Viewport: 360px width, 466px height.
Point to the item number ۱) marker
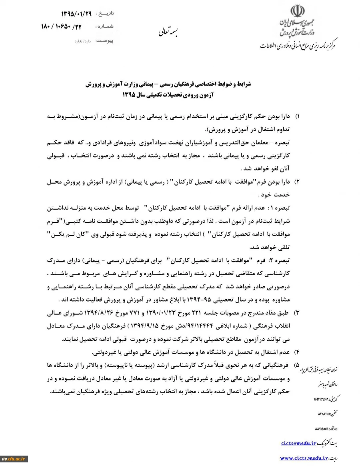click(x=297, y=116)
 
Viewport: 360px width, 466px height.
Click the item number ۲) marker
click(x=297, y=182)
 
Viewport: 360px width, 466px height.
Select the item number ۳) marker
click(x=297, y=311)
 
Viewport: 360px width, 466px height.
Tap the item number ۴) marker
click(x=297, y=352)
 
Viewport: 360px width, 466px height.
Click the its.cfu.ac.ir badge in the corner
click(x=14, y=459)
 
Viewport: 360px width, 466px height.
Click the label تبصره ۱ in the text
click(x=281, y=209)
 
